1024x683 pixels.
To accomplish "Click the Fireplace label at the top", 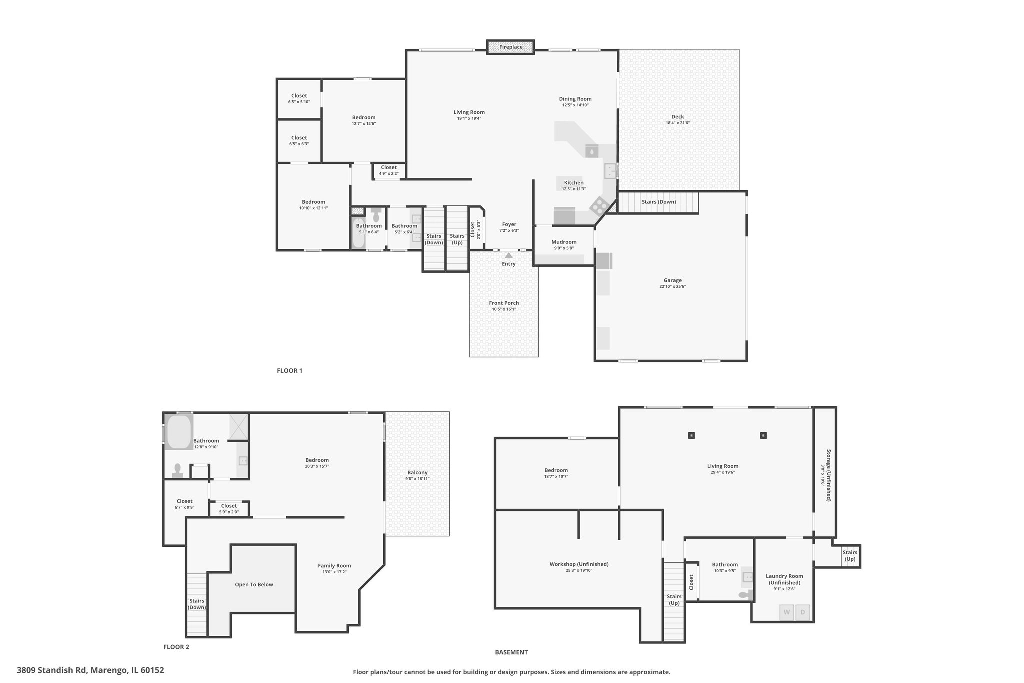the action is [511, 47].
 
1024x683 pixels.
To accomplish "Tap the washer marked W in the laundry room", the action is [787, 612].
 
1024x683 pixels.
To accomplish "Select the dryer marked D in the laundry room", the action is [803, 612].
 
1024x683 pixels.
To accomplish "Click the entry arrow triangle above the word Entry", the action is [509, 255].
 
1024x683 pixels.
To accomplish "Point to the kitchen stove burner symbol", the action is [599, 205].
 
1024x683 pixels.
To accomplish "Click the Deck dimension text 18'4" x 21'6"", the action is [678, 123].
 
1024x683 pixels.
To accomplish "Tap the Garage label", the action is [673, 280].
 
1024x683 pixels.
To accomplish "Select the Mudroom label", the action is [564, 242].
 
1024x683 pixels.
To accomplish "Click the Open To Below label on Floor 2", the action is [254, 584].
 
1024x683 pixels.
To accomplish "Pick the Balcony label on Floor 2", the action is [417, 472].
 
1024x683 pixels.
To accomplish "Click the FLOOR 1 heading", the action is [290, 371].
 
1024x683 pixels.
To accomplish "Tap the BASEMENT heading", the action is [511, 652].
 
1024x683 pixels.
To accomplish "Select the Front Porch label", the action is [504, 303].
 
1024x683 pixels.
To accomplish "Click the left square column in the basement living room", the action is [691, 435].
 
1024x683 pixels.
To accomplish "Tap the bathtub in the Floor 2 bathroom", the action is [179, 432].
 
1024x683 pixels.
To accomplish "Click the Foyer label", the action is [509, 224].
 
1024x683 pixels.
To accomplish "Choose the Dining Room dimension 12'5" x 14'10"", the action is [575, 105].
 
